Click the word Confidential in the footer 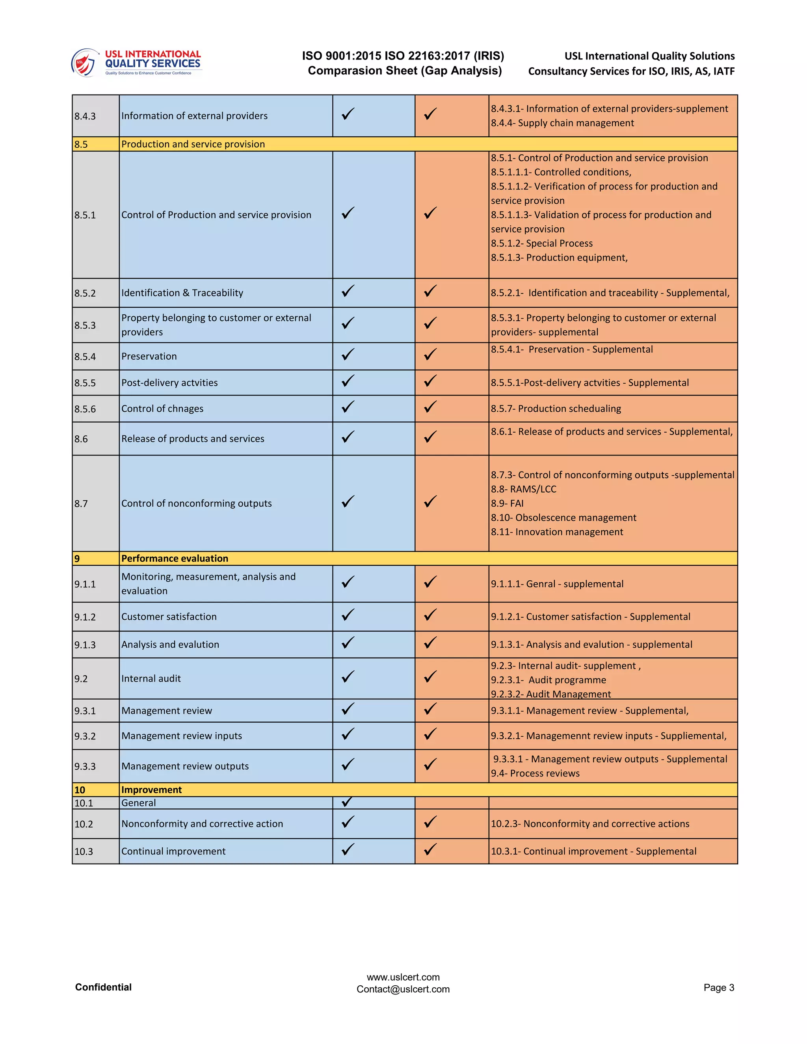point(103,987)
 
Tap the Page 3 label point(719,988)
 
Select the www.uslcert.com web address point(403,977)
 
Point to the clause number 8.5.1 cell point(85,215)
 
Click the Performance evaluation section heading point(175,558)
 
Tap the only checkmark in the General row point(348,802)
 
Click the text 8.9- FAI point(507,503)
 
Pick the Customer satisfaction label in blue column point(169,617)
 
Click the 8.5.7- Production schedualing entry point(556,409)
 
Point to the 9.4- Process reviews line point(535,773)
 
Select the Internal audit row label point(151,678)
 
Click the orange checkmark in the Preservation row point(430,355)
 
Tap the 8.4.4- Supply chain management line point(562,123)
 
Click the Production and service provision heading point(193,144)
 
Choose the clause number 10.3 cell point(84,851)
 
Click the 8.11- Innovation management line point(557,532)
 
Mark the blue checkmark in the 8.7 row point(348,502)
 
